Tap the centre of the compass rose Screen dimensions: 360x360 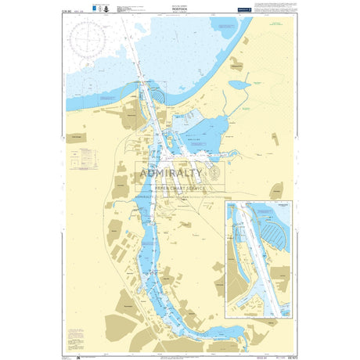pos(92,38)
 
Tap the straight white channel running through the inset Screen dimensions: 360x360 pos(257,258)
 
